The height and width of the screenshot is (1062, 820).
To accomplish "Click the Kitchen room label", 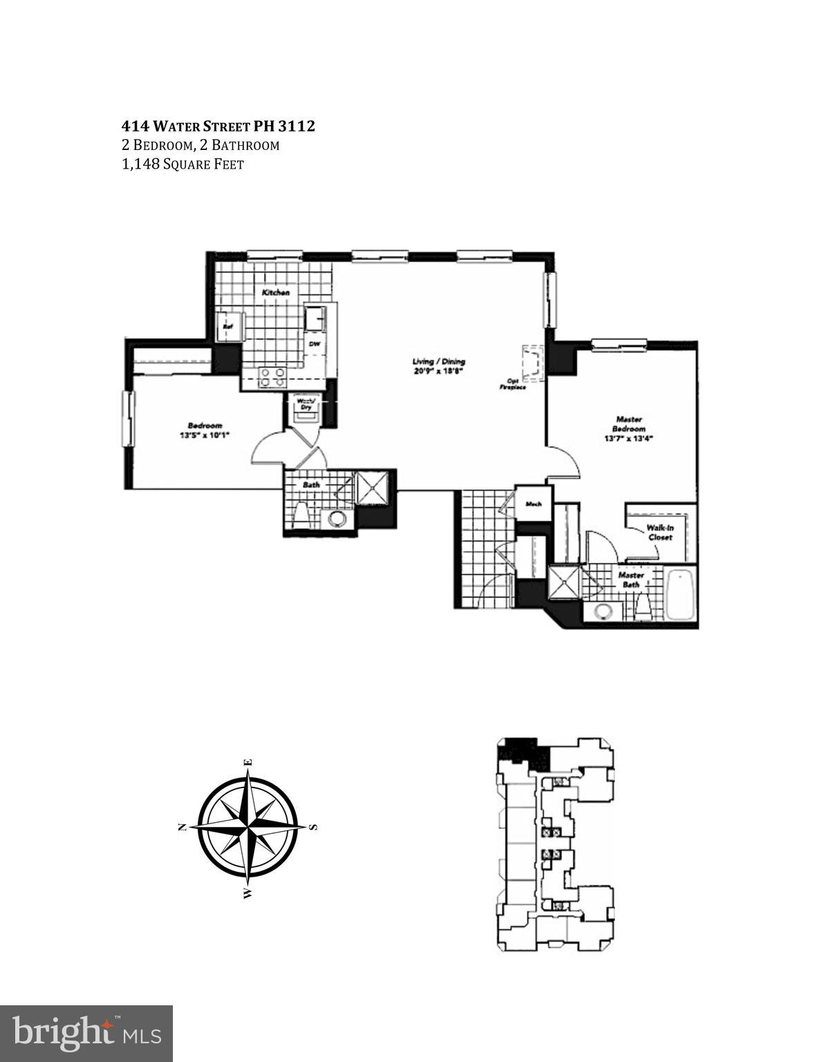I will (275, 293).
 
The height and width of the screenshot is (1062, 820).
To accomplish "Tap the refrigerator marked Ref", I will (227, 327).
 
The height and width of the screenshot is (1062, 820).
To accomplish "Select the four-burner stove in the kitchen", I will (272, 377).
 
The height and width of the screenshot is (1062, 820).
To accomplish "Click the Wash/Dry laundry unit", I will (305, 404).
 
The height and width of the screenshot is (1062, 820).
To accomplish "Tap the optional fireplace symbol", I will (533, 364).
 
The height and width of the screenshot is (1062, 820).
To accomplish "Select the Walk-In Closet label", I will (659, 532).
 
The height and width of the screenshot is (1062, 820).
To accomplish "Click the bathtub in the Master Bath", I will (681, 595).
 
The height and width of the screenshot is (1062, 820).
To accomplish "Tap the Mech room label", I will (532, 504).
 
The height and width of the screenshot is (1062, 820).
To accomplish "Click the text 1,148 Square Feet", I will (183, 165).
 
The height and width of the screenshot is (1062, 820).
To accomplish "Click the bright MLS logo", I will (86, 1033).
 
